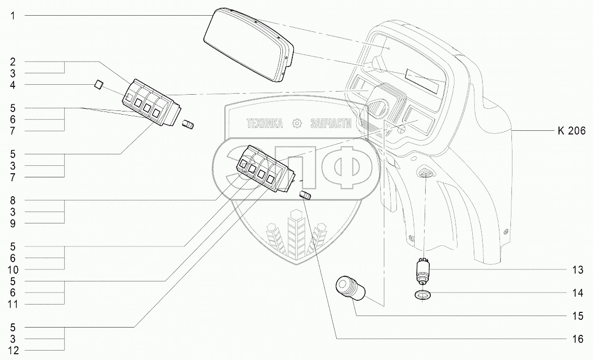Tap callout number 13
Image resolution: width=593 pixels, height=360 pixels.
[x=577, y=270]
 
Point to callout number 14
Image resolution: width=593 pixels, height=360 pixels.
[x=577, y=294]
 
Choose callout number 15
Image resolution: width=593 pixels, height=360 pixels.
[x=577, y=316]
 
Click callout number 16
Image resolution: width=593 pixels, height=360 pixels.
[x=577, y=339]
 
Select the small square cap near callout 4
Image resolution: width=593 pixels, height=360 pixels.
[x=98, y=85]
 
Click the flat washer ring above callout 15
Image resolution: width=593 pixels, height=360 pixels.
[x=421, y=295]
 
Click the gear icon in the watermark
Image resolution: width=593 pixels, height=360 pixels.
[x=297, y=123]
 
